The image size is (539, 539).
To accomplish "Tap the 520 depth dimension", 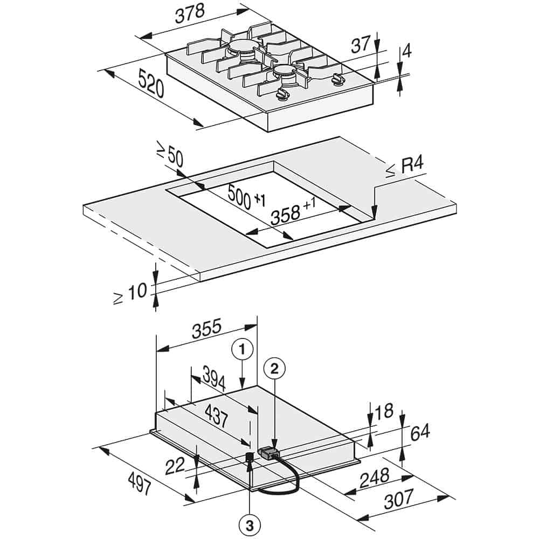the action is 151,83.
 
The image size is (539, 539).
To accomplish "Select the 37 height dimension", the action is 361,44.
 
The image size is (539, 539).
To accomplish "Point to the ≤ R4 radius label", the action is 404,168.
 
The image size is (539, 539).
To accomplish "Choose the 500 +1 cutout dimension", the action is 246,197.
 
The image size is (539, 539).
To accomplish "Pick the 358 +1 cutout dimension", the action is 293,211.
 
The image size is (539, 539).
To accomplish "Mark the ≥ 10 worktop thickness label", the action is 130,294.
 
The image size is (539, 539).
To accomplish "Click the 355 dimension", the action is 206,329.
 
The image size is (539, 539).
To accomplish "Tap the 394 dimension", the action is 213,378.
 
